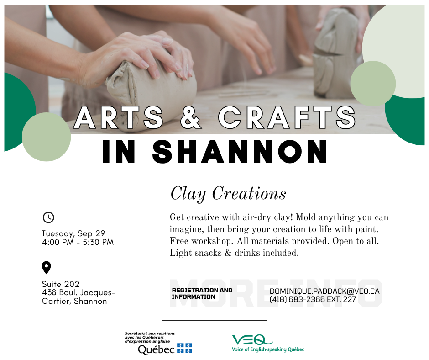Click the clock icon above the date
click(48, 217)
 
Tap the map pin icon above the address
click(46, 267)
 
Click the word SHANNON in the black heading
click(240, 152)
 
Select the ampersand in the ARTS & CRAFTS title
click(190, 117)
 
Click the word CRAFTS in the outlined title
click(287, 117)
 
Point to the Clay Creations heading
click(228, 194)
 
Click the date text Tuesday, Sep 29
click(73, 233)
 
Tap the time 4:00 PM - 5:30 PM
click(78, 242)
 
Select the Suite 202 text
click(61, 284)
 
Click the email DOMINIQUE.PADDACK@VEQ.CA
click(324, 291)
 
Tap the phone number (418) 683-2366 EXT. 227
click(313, 299)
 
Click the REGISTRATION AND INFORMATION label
click(202, 293)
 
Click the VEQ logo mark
click(252, 340)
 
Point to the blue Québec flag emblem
click(185, 348)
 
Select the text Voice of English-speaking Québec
click(268, 349)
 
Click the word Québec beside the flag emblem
click(156, 349)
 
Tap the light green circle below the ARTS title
click(46, 137)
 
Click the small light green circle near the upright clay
click(373, 84)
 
